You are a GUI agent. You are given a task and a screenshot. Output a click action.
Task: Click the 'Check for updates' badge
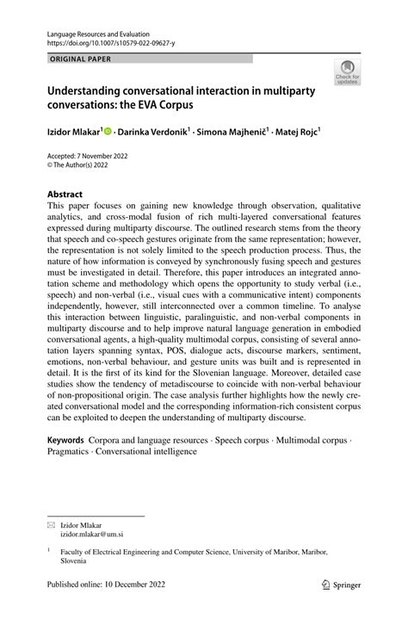349,73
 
